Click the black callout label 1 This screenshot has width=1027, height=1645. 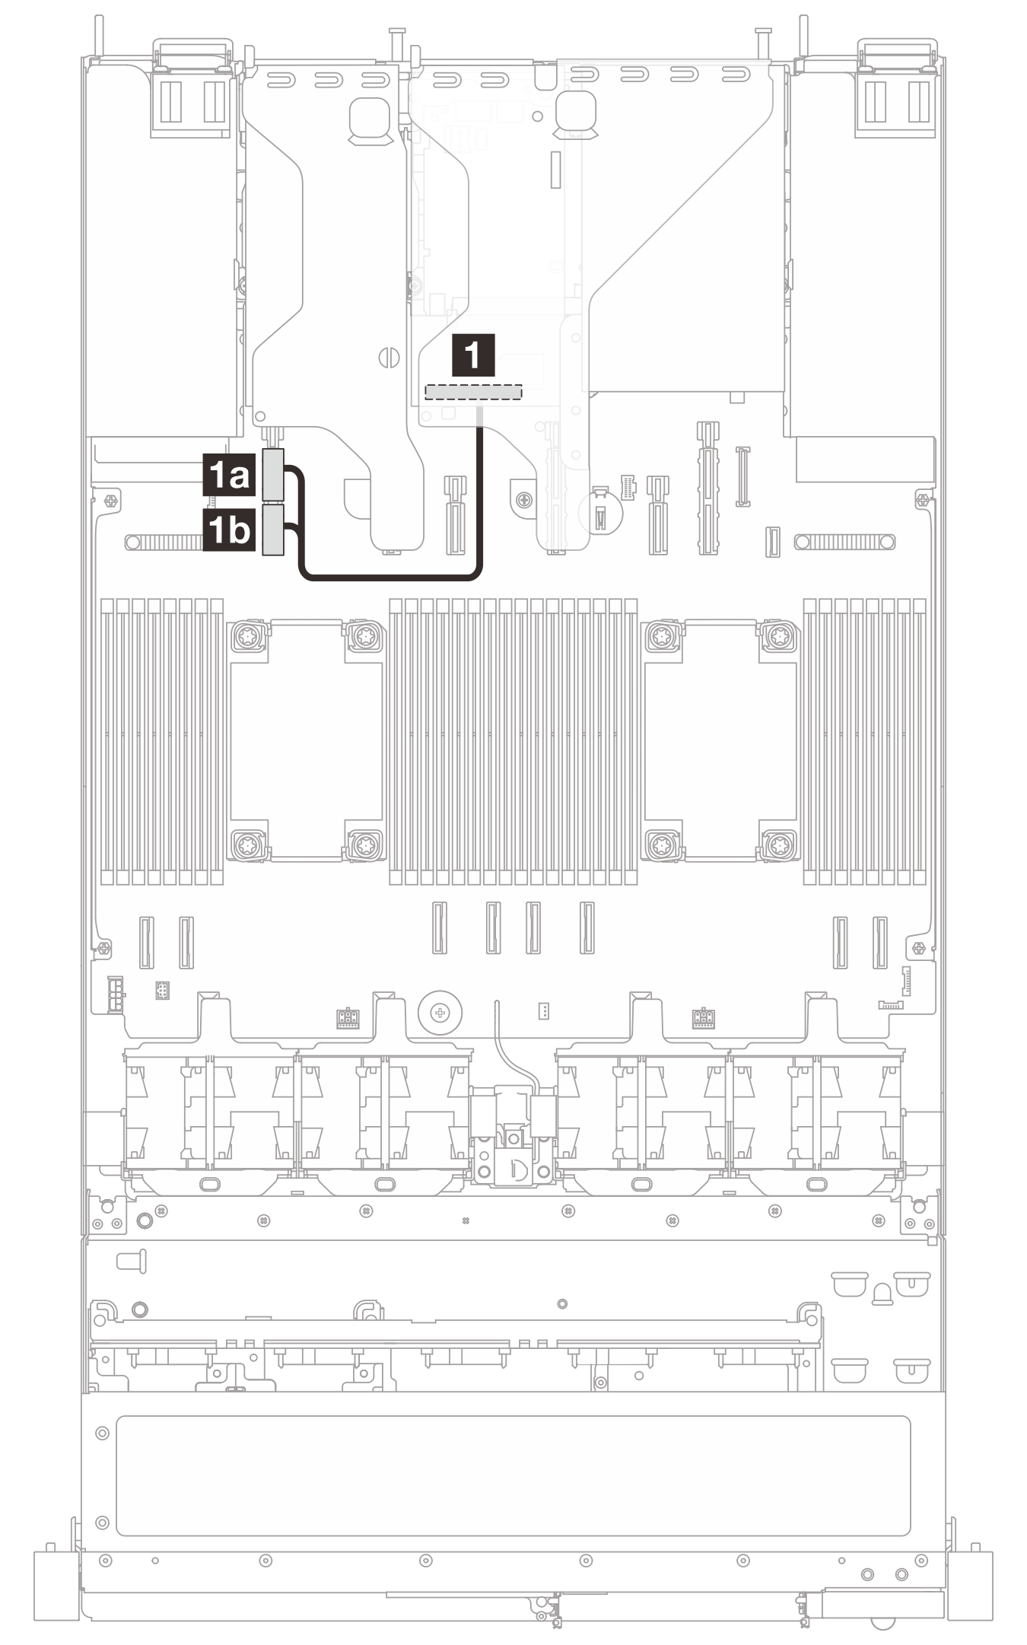[473, 355]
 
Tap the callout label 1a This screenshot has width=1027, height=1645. [228, 476]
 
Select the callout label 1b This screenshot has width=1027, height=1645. [228, 530]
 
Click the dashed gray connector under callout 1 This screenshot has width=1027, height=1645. [473, 392]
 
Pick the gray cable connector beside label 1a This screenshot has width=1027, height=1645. [272, 474]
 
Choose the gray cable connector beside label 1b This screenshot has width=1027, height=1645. [272, 530]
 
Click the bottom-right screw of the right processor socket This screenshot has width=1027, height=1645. [777, 845]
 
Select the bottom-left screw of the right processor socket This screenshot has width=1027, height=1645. [661, 845]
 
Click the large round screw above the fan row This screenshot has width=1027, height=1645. [439, 1013]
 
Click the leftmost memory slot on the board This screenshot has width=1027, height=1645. [107, 742]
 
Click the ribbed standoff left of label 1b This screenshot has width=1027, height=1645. [166, 542]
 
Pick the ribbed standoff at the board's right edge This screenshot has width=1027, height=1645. [844, 542]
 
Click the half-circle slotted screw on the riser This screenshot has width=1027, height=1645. [388, 357]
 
